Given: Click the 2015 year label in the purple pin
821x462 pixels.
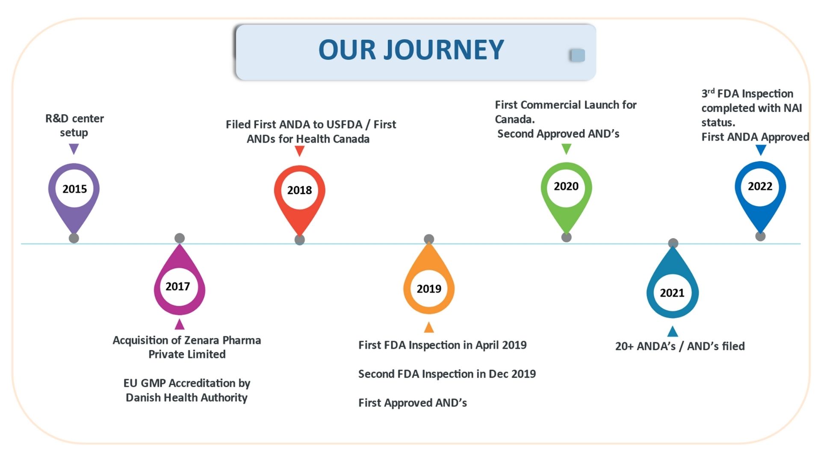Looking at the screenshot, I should (x=74, y=189).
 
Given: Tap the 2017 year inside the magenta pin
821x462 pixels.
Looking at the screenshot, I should (x=177, y=287).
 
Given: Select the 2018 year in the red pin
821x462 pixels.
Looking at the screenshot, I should (x=299, y=190).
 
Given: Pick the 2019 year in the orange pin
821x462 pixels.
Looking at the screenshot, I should (x=429, y=289).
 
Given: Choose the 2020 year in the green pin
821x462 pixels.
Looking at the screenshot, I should (x=566, y=187).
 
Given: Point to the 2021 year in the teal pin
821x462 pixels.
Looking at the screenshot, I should (x=672, y=293).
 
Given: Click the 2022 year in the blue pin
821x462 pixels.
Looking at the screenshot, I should (x=760, y=187).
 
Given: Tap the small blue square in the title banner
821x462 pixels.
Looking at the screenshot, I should (x=577, y=55).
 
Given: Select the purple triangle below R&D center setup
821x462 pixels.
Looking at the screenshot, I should (x=74, y=148).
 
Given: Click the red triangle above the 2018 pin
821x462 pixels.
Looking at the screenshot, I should (x=300, y=151).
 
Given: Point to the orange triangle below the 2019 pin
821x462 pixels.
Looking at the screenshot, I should (x=429, y=328).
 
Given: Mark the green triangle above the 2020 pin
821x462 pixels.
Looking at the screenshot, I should (x=566, y=148).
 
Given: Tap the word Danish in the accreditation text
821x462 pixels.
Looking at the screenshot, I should (x=143, y=398).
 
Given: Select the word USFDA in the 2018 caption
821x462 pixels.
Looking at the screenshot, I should (x=344, y=124).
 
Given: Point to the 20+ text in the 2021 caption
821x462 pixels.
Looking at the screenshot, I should (x=624, y=346).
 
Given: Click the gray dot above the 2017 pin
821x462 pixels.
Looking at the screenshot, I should (x=180, y=238).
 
